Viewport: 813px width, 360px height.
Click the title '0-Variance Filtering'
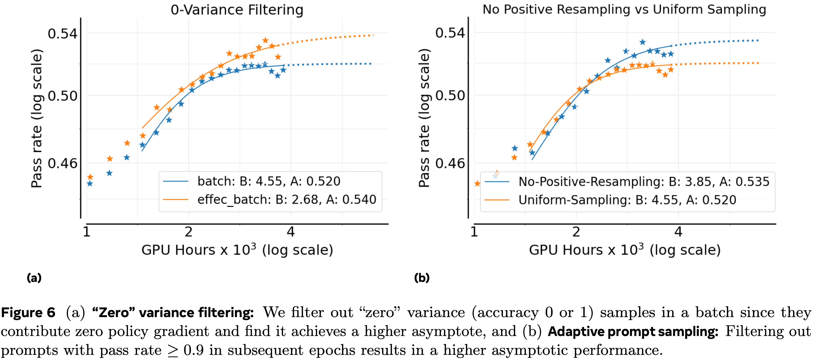[237, 10]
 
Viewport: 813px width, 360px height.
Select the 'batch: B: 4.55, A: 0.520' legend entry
[269, 181]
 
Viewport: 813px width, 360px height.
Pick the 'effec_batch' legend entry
[287, 200]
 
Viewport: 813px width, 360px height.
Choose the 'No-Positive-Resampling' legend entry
[644, 182]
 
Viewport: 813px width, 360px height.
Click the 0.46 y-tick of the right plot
[450, 164]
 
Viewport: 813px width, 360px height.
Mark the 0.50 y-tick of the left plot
[62, 96]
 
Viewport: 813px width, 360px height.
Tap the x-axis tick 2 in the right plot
[576, 232]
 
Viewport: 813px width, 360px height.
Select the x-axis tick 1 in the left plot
[86, 232]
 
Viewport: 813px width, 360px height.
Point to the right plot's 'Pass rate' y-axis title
[424, 118]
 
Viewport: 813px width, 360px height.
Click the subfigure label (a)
[34, 278]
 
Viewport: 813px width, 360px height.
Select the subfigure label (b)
[422, 278]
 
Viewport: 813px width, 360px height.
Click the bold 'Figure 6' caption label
[28, 313]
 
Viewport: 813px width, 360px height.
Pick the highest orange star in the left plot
[265, 40]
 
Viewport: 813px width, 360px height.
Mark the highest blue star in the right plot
[642, 42]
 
